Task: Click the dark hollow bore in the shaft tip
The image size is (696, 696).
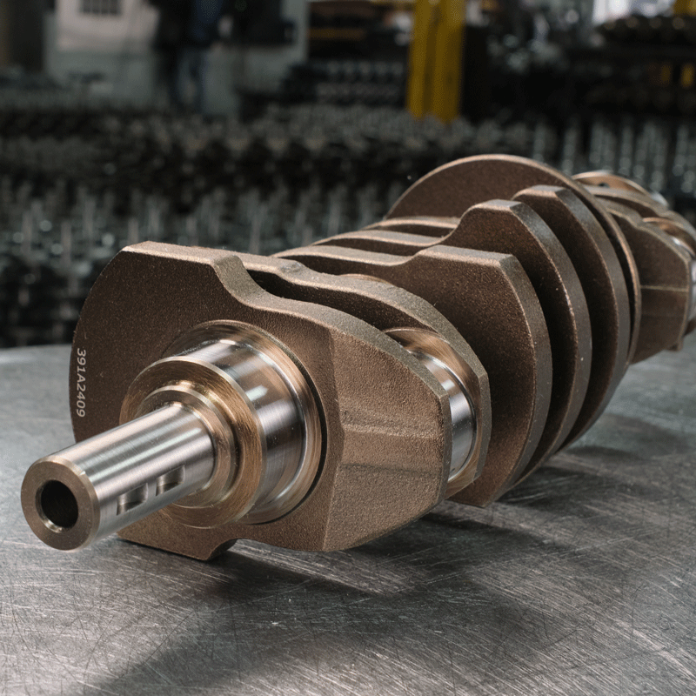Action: pos(59,505)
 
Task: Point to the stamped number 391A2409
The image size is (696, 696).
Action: pos(80,382)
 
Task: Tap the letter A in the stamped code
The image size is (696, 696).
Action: pos(80,378)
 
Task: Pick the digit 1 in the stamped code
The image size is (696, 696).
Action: pos(81,367)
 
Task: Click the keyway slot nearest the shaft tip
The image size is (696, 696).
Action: pos(132,499)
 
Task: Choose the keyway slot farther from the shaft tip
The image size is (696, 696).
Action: pos(171,479)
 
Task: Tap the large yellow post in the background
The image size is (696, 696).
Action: pos(436,57)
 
